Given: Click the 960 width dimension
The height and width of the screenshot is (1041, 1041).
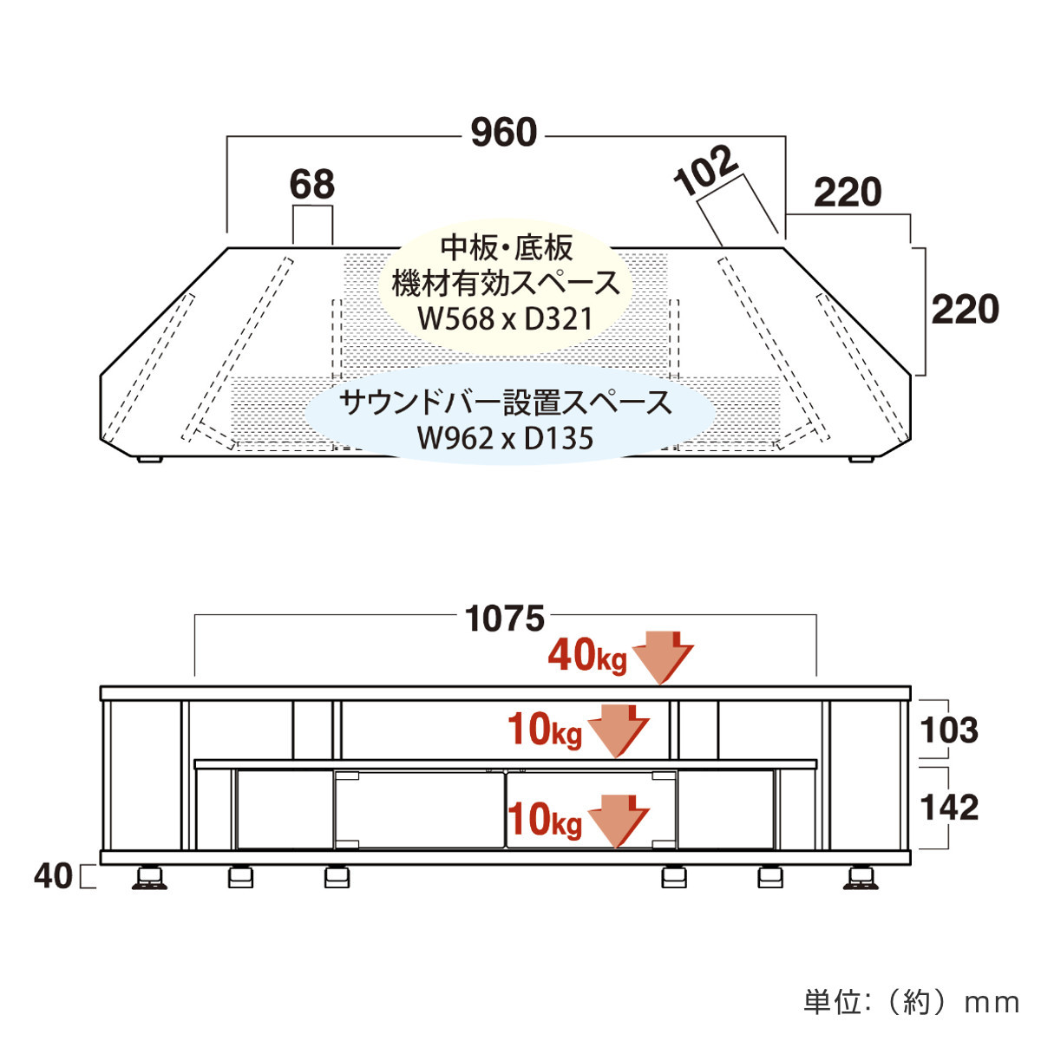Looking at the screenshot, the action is point(504,133).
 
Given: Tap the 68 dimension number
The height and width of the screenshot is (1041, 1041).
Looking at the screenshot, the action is point(312,184).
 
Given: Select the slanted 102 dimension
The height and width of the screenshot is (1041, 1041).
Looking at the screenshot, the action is point(705,171).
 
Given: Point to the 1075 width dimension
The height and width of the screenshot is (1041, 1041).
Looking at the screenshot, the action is point(505,619).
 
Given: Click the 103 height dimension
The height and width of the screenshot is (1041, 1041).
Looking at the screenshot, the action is point(949,730).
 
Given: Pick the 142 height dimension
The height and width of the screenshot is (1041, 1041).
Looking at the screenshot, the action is point(949,808).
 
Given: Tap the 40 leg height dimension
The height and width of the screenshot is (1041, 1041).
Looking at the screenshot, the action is point(53,876).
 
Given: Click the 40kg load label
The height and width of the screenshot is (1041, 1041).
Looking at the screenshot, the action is point(587,656).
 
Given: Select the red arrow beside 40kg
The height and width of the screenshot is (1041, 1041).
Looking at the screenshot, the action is point(662,657).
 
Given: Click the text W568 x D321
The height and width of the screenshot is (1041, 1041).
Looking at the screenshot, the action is point(506,318).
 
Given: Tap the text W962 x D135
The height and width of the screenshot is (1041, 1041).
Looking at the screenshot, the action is point(506,437).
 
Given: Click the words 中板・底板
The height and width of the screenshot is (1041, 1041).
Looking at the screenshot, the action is point(506,248).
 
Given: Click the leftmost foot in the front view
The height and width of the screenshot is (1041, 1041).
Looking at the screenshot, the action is point(149,877).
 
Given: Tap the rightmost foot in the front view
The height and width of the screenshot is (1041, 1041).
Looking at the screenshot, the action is point(861,877).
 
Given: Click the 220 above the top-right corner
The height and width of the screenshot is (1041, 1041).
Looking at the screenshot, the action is point(848,193).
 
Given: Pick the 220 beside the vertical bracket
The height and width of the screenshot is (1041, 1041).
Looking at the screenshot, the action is point(966,310).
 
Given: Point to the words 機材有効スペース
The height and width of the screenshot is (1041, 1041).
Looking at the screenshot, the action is point(506,284).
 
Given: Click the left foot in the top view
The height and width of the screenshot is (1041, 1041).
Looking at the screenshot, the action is point(149,459).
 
